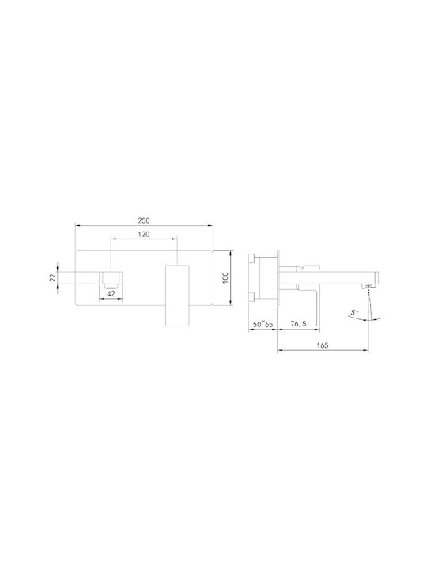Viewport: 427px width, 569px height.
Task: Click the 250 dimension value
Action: pos(144,220)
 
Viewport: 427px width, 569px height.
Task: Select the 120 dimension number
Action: pos(144,235)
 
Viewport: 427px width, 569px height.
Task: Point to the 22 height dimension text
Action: pos(53,277)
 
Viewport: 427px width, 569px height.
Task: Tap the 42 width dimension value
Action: pos(111,293)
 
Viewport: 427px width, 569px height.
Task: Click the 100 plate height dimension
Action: pos(225,278)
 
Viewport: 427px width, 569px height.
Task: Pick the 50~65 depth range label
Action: pos(263,324)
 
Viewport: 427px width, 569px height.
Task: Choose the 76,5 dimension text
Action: pos(298,324)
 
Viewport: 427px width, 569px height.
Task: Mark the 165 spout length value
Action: pos(323,345)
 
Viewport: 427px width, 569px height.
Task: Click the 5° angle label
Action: pos(354,312)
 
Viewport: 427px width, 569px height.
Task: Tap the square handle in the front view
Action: pos(177,296)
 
